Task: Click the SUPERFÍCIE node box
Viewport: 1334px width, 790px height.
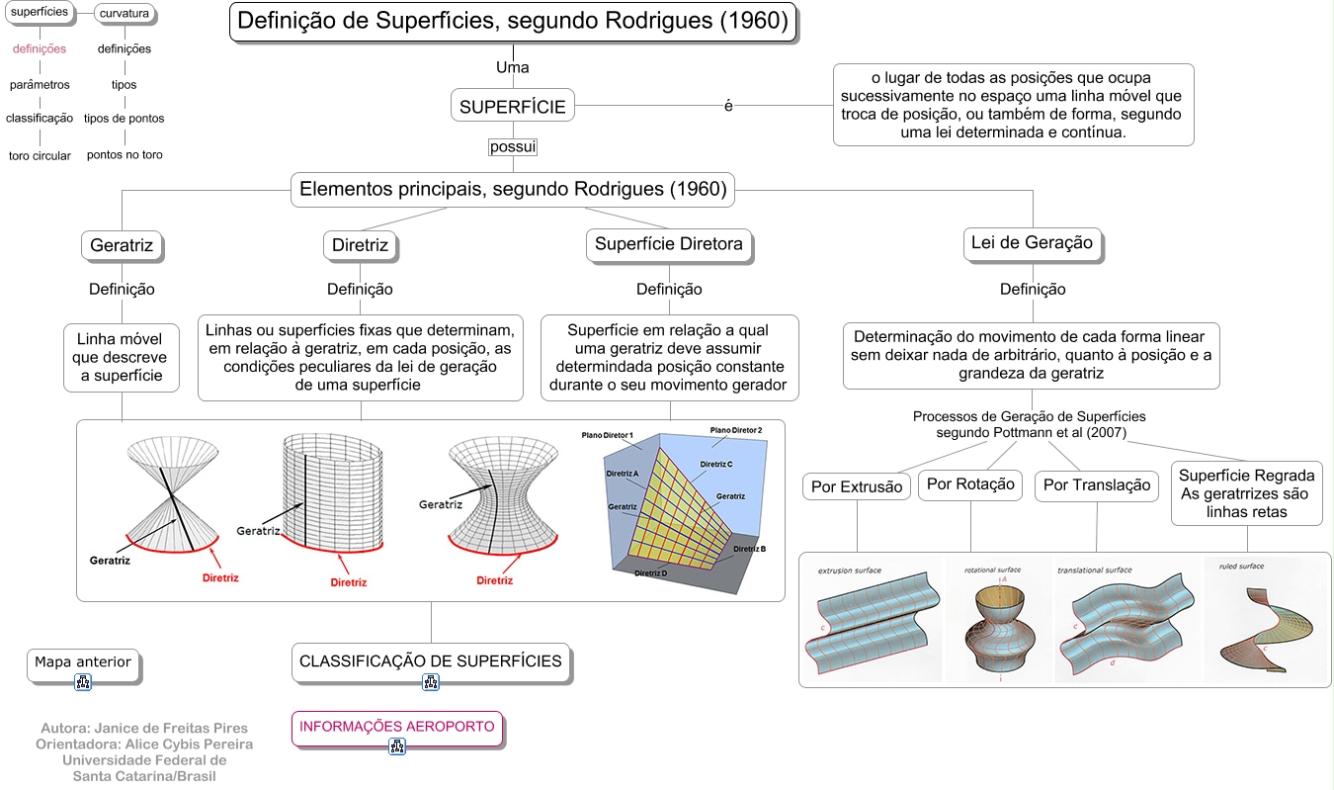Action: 513,107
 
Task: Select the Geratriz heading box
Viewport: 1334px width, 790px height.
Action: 122,245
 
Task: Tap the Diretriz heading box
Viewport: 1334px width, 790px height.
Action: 360,245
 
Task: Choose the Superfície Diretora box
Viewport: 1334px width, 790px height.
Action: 669,245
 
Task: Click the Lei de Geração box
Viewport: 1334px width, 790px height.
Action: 1032,243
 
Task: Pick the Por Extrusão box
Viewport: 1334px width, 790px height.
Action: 857,486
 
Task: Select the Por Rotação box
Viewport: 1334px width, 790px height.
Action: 970,484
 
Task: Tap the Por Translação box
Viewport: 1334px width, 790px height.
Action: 1097,485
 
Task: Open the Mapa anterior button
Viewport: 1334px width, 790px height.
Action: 83,663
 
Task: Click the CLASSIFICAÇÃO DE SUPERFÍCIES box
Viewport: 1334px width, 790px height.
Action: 431,661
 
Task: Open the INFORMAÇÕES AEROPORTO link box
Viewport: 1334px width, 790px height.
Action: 396,727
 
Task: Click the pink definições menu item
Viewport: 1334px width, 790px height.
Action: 40,48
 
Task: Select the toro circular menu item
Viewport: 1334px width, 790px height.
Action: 40,156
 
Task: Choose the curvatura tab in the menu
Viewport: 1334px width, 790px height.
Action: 125,13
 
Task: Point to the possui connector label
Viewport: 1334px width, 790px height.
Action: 513,146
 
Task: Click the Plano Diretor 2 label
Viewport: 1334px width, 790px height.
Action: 736,431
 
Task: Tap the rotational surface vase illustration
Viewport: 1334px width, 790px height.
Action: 1000,623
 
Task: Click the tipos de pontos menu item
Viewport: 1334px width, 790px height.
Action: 125,119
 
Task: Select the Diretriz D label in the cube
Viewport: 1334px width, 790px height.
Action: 650,573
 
